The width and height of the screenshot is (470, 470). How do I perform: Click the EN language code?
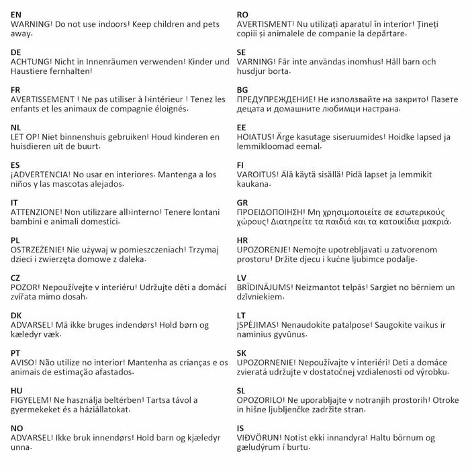point(17,13)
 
